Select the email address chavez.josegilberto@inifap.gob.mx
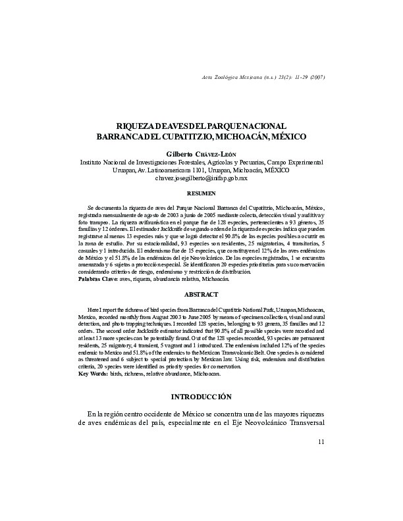[x=201, y=178]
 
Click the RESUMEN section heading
[x=201, y=194]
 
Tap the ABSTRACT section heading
[x=201, y=294]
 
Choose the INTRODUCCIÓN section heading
[x=201, y=397]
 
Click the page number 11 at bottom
[x=321, y=441]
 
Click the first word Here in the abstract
[x=95, y=309]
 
